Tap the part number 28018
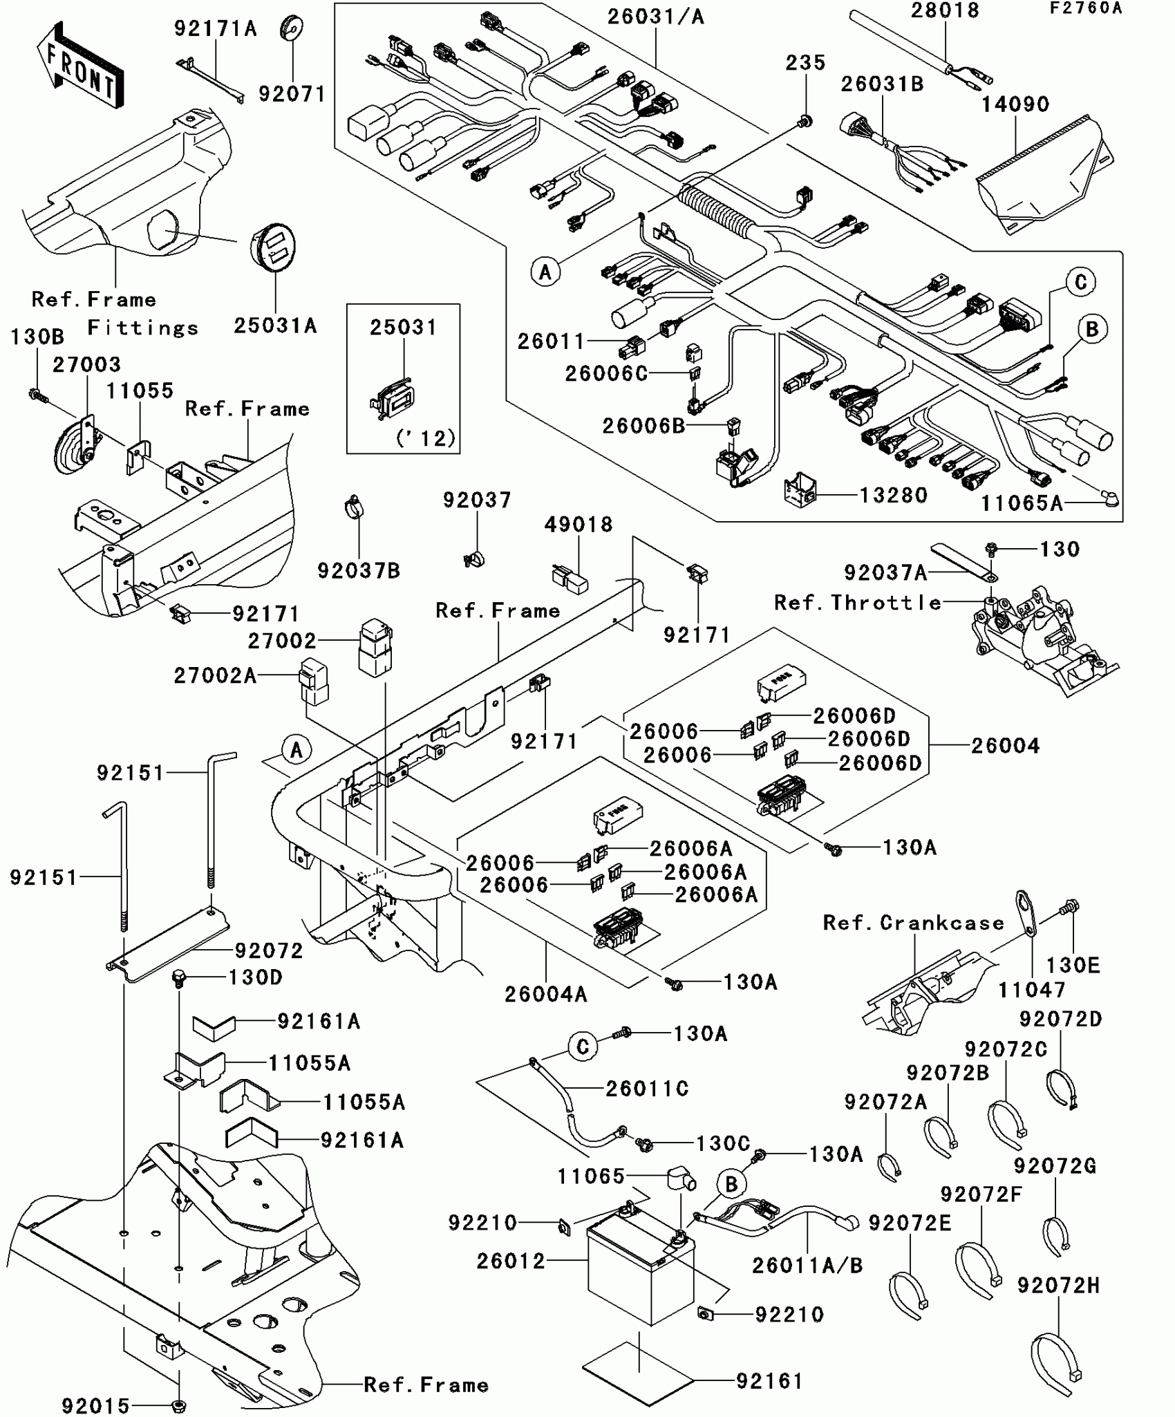pos(945,10)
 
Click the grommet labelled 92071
pos(292,28)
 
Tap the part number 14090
pos(1015,104)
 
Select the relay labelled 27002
pos(375,648)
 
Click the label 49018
pos(578,525)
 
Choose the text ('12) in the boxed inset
pos(426,438)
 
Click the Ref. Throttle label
pos(858,603)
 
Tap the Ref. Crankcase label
pos(913,923)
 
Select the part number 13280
pos(893,495)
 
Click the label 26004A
pos(545,994)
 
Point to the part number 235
pos(805,63)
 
